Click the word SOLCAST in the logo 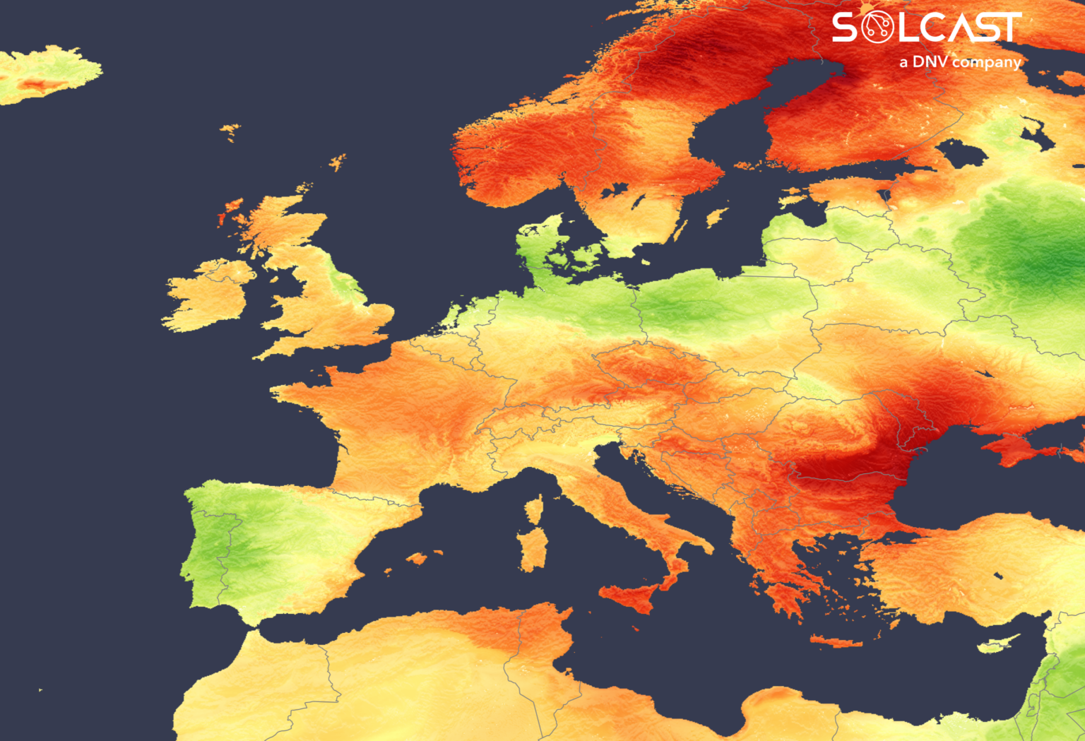coord(926,28)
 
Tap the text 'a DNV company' coord(960,62)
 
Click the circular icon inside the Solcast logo coord(877,28)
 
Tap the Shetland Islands coord(338,162)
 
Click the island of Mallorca coord(417,558)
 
